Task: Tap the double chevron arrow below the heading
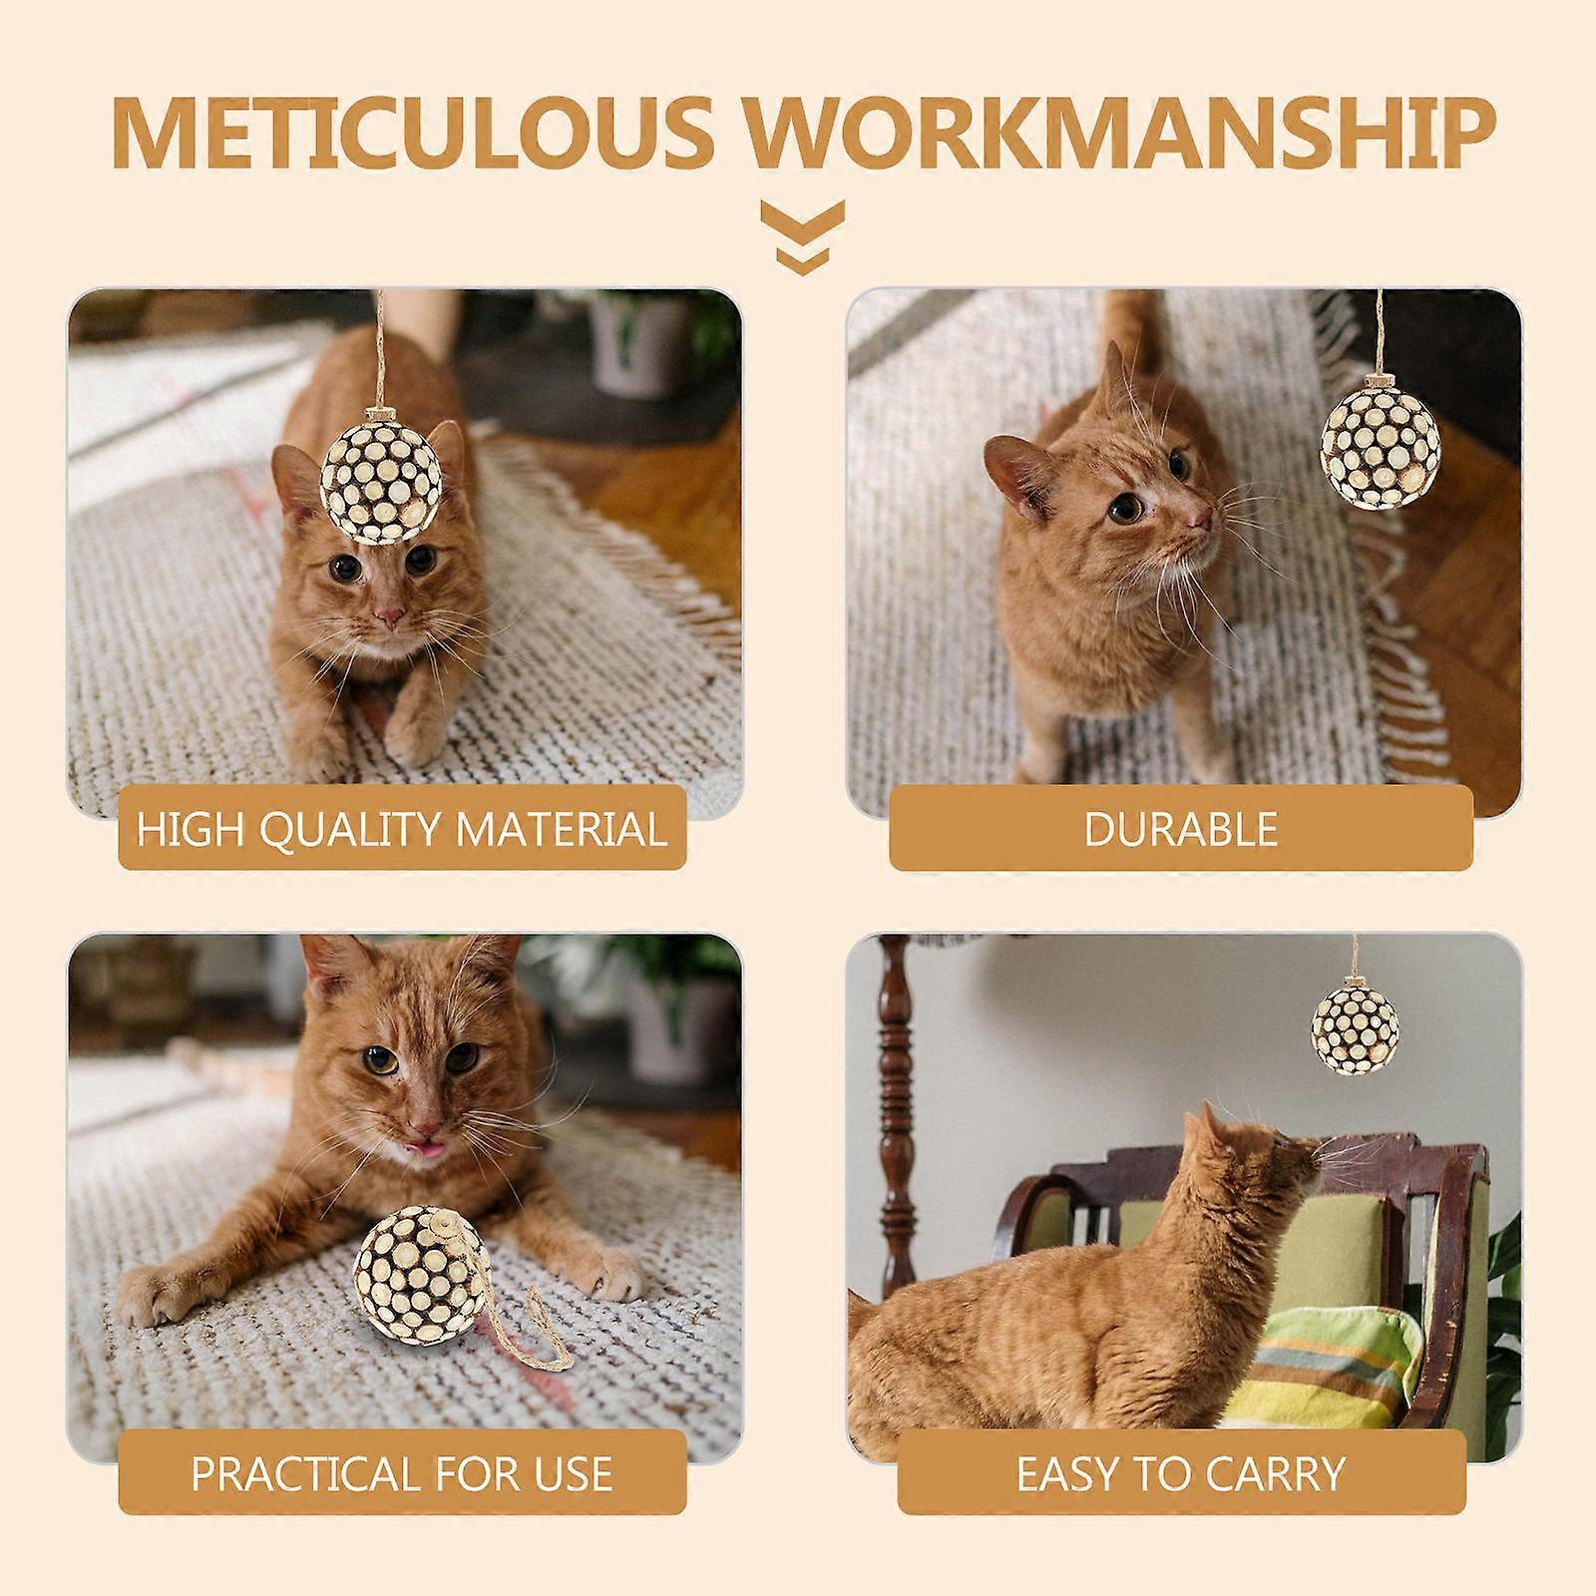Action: point(803,237)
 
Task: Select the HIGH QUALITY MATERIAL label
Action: point(402,828)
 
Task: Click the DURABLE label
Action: point(1181,828)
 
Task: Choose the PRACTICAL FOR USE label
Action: point(402,1472)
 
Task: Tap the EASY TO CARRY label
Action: point(1181,1472)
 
